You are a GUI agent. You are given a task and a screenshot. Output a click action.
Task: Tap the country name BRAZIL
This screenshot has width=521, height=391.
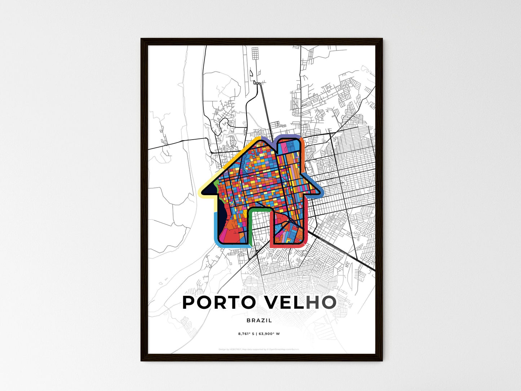coord(259,320)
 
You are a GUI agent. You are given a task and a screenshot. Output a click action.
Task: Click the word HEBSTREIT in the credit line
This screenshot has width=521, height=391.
coord(236,349)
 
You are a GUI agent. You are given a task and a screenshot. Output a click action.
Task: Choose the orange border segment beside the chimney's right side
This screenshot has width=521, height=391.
coord(303,155)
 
